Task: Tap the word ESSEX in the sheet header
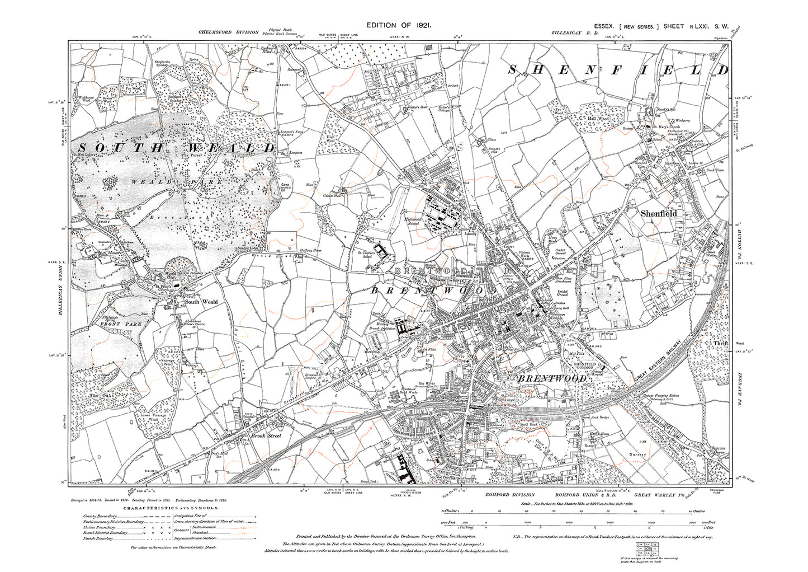coord(604,26)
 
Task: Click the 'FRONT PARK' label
coord(121,324)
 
